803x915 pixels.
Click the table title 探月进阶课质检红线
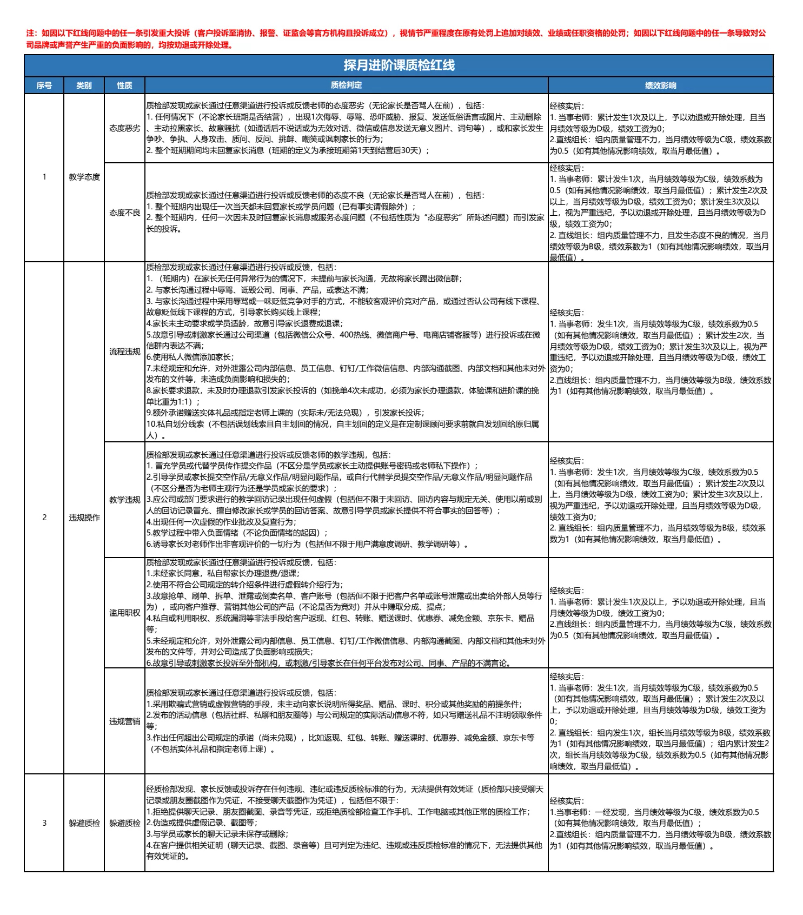click(399, 65)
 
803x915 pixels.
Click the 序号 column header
click(44, 85)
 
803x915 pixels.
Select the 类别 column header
click(84, 85)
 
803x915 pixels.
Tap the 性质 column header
click(124, 85)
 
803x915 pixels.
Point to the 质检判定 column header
click(346, 85)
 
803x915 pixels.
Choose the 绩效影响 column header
click(660, 85)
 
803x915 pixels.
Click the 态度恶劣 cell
click(124, 128)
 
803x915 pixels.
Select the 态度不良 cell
click(124, 213)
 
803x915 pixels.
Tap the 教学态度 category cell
click(84, 177)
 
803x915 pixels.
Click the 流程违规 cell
click(124, 352)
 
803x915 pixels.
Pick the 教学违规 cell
click(124, 500)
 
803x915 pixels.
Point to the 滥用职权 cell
click(124, 613)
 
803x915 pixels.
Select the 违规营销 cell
click(124, 721)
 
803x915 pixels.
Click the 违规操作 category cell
click(84, 518)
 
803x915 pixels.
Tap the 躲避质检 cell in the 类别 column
click(84, 823)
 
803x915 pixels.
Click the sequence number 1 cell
click(44, 177)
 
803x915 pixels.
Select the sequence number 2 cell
click(44, 518)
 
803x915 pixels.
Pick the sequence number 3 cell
click(44, 823)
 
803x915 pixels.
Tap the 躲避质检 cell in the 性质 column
click(124, 823)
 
